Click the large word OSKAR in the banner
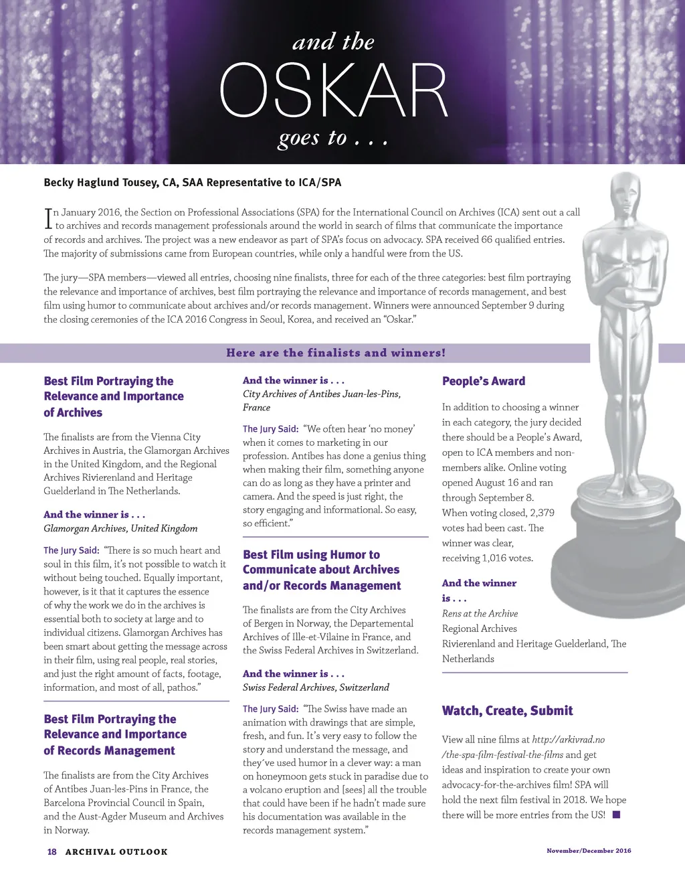pos(333,91)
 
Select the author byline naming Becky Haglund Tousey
pos(193,182)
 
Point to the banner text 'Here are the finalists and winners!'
pos(336,353)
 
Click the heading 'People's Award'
pos(484,381)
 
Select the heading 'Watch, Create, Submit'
pos(507,710)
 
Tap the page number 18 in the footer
pos(52,852)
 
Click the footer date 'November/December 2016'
pos(589,850)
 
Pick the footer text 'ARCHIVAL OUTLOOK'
pos(116,852)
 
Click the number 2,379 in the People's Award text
pos(541,513)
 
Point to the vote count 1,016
pos(494,558)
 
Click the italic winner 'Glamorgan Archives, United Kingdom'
pos(120,528)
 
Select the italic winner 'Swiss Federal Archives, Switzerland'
pos(316,687)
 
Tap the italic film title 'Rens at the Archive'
pos(480,613)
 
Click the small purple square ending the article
pos(616,815)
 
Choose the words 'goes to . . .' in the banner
pos(333,138)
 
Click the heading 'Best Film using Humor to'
pos(311,554)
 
